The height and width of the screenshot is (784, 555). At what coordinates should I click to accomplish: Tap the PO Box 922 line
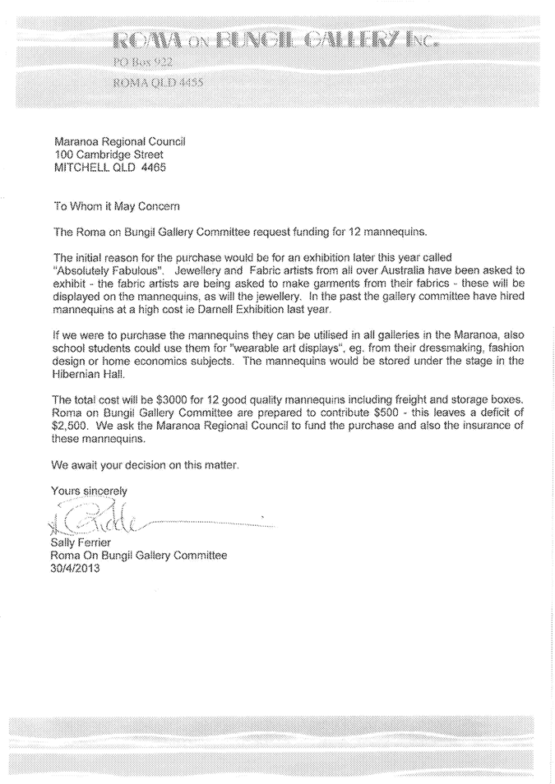(x=142, y=62)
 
